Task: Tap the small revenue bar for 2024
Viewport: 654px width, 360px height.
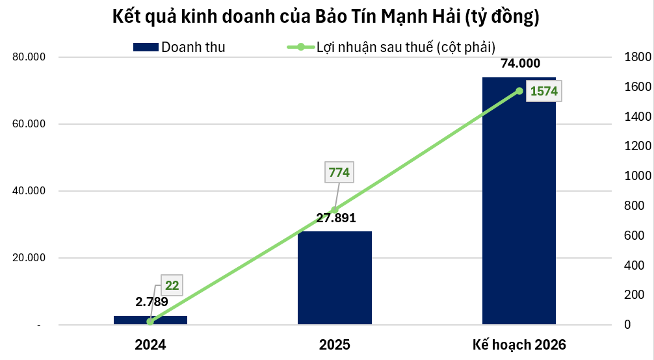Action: click(150, 320)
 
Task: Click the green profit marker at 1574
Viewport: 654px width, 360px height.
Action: click(519, 91)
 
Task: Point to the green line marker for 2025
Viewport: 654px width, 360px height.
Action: click(334, 210)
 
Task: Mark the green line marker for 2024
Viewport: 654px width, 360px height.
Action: click(150, 321)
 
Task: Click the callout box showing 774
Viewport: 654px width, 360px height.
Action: click(339, 172)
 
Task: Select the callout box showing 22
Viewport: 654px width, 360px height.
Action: click(172, 285)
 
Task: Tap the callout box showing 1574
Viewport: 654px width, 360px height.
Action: click(543, 91)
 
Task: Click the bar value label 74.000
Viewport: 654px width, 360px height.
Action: click(519, 63)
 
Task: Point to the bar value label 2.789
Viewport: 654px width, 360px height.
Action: click(151, 302)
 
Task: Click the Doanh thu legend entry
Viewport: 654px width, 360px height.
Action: click(179, 47)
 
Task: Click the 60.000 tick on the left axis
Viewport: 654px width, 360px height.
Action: click(29, 124)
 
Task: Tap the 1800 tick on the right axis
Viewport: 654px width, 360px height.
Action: click(633, 57)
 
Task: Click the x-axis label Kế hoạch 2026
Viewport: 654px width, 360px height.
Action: click(519, 344)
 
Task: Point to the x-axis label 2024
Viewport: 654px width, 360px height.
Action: click(150, 344)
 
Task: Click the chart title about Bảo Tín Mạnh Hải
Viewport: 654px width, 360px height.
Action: click(326, 17)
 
